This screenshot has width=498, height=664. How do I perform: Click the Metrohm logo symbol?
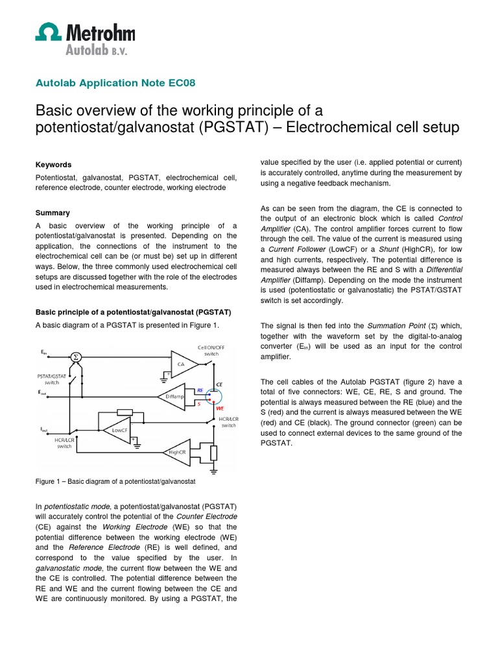(48, 32)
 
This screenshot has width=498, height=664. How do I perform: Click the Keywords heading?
(53, 165)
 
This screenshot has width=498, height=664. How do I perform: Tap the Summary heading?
(53, 213)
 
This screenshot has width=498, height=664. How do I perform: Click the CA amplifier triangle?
(182, 363)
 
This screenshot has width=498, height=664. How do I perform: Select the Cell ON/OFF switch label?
(211, 351)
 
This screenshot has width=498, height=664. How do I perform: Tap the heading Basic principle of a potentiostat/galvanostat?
(133, 311)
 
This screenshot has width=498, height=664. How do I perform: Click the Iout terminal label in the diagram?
(43, 429)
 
